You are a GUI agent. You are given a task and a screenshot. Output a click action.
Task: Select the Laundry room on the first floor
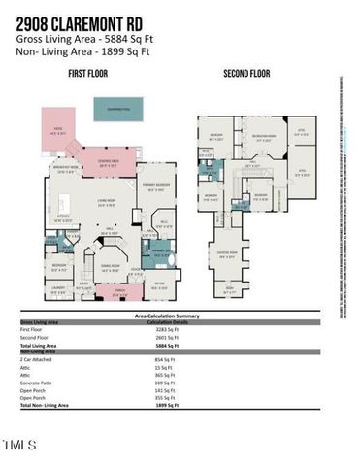pos(57,288)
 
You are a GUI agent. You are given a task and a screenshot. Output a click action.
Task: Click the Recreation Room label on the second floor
pos(259,137)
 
